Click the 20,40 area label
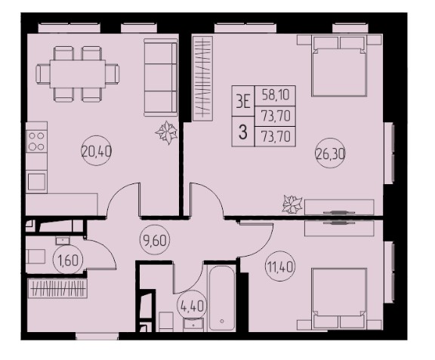96,152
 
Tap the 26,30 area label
330,153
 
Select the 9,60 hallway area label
155,240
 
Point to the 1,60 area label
68,260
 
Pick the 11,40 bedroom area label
280,267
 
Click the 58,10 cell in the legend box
276,95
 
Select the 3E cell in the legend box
243,101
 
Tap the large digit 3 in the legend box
243,132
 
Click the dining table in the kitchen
78,74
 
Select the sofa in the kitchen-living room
161,78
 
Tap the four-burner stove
36,141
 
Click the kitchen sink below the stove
36,182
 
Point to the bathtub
221,298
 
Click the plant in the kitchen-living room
166,132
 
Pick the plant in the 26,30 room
292,204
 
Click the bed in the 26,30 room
339,66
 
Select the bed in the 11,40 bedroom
339,298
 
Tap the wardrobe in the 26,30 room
203,78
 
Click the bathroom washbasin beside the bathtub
193,325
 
